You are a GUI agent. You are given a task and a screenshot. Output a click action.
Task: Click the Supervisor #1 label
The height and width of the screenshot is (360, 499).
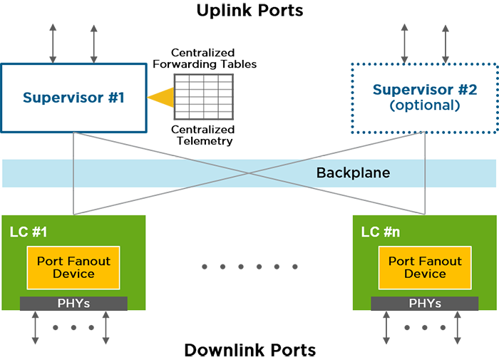click(x=73, y=97)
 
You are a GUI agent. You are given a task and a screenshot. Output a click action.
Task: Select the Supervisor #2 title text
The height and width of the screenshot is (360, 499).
click(x=425, y=90)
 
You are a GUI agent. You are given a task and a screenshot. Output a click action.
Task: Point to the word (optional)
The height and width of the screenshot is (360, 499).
click(x=425, y=106)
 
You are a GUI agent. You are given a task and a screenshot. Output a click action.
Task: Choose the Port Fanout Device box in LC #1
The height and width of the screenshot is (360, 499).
click(x=73, y=267)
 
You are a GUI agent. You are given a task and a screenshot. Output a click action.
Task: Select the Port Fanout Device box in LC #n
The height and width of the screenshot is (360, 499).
click(x=425, y=267)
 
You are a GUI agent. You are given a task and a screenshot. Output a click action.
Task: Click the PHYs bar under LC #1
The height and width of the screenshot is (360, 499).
click(x=73, y=304)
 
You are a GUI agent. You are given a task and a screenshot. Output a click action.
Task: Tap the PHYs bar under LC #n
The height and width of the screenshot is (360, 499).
click(x=425, y=304)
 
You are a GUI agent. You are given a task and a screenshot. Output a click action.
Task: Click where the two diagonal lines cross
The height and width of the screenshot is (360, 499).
click(x=249, y=173)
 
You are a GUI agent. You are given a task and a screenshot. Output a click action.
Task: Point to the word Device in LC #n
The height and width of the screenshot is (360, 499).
click(x=425, y=274)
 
